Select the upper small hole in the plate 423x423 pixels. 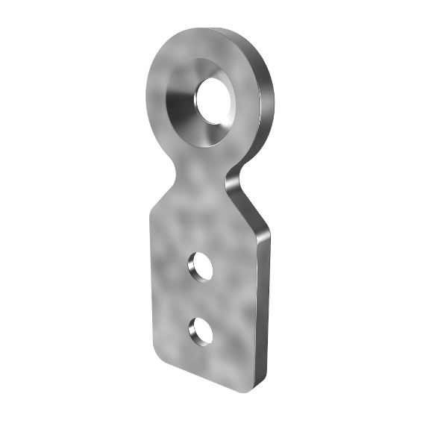tap(200, 266)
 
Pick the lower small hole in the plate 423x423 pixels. tap(201, 330)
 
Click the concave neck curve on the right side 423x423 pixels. tap(235, 179)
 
